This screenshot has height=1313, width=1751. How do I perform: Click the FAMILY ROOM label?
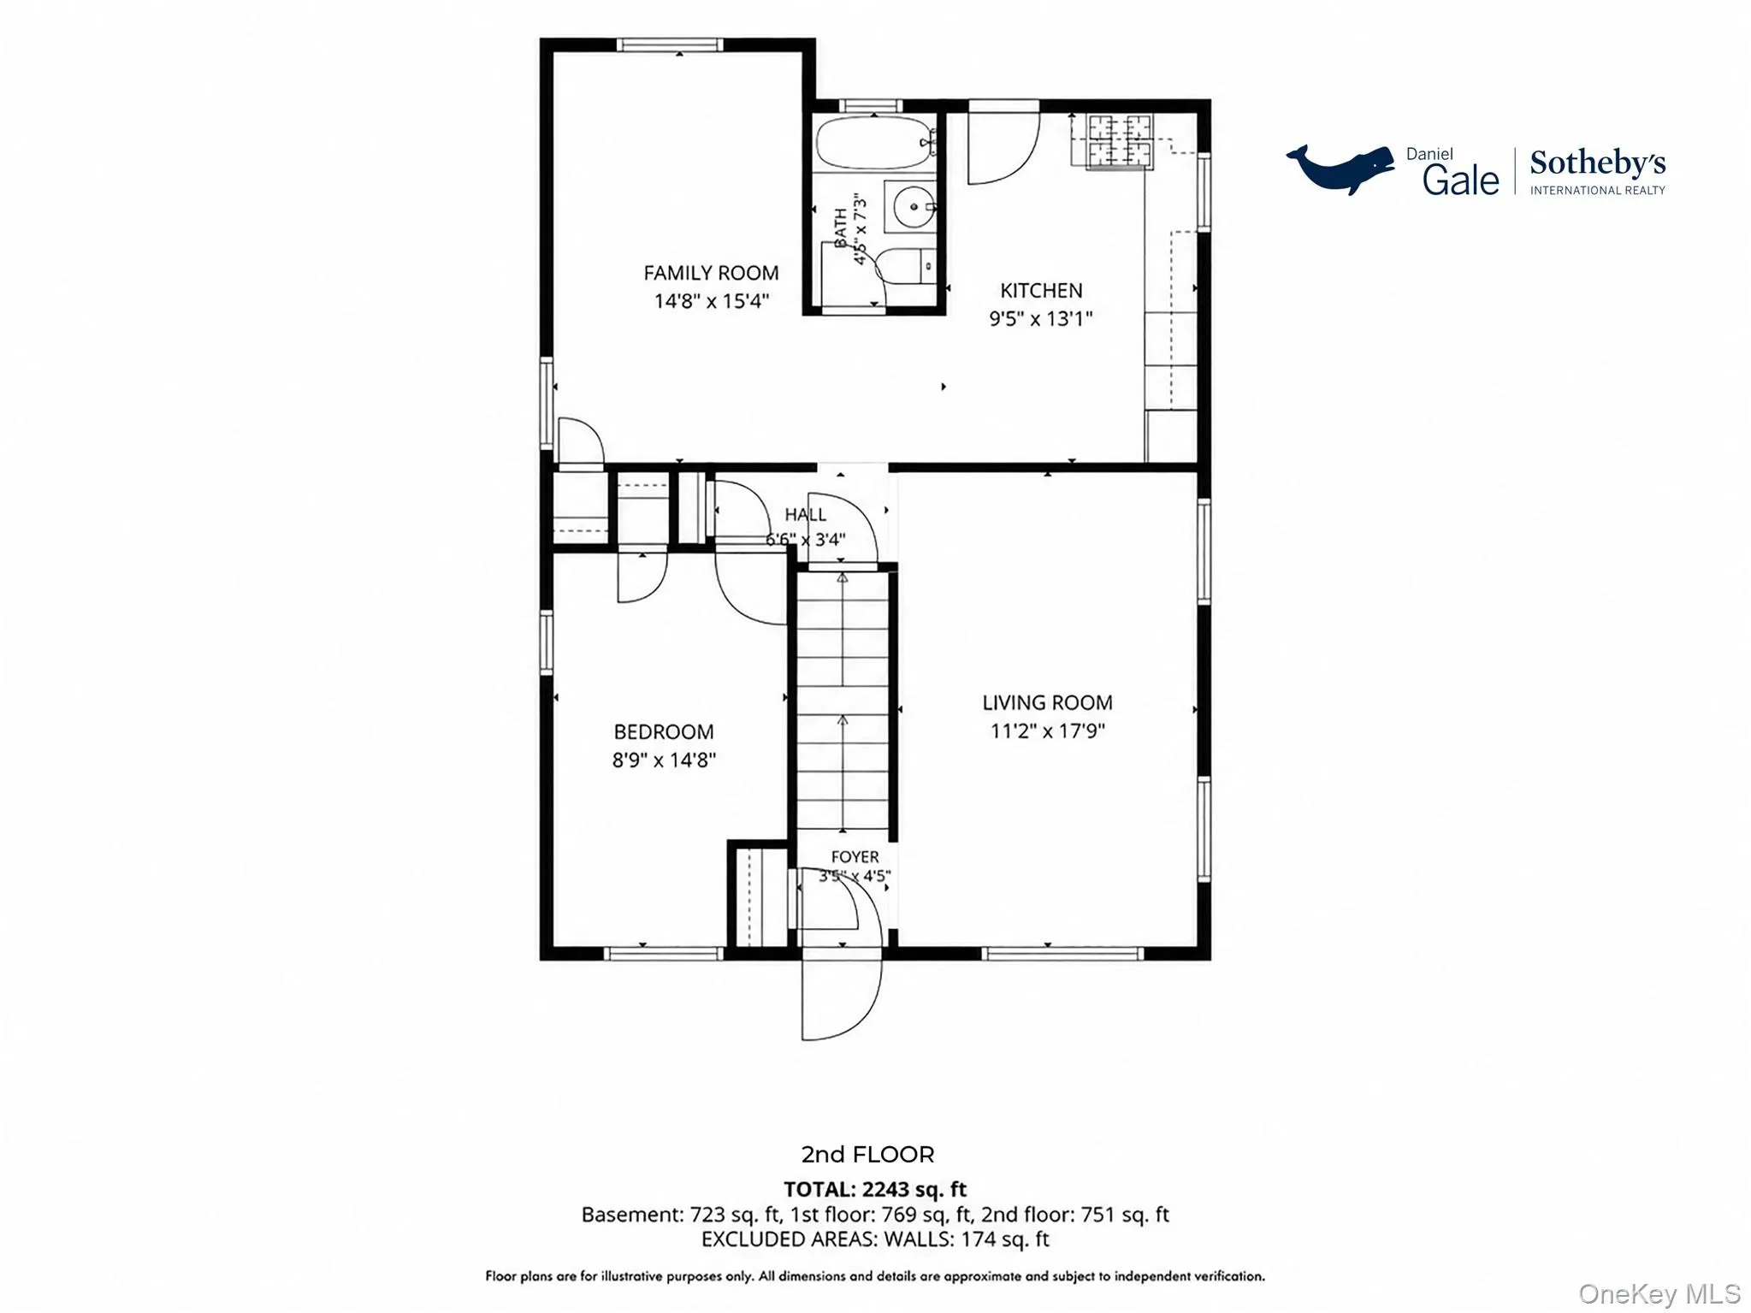pos(711,273)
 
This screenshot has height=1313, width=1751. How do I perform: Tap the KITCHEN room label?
pos(1041,291)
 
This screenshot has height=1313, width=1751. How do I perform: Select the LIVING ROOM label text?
pos(1047,702)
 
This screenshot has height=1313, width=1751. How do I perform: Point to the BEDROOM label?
pos(664,732)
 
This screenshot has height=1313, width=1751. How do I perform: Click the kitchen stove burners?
pos(1119,141)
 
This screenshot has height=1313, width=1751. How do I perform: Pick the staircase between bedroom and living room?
pos(843,701)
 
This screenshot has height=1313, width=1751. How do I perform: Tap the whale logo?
pos(1340,169)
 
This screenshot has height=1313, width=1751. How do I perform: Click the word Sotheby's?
pos(1597,163)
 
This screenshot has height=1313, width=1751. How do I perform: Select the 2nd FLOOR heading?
pos(867,1155)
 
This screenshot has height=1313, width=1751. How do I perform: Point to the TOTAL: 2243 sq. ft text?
pos(875,1189)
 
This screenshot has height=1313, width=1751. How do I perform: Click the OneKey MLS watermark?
pos(1659,1294)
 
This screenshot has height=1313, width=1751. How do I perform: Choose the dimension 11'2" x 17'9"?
pos(1048,730)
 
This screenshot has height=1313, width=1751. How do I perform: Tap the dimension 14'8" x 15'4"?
pos(712,301)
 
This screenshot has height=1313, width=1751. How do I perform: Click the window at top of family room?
pos(670,44)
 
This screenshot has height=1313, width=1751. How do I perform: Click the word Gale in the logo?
pos(1461,180)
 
